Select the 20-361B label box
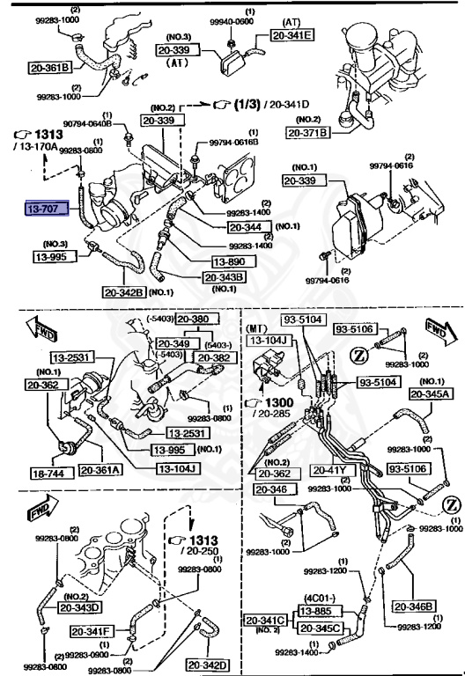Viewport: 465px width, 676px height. (49, 67)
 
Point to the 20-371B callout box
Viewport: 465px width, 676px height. (307, 133)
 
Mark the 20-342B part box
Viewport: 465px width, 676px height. (124, 292)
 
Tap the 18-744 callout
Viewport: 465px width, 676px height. (48, 472)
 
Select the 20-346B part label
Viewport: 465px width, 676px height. (413, 581)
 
